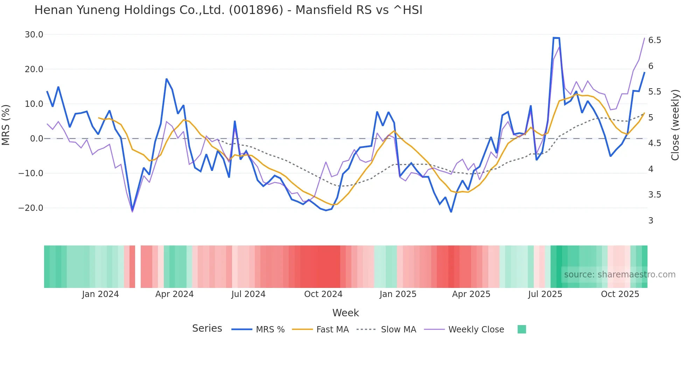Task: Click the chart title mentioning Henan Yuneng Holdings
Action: coord(228,10)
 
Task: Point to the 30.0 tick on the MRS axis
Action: coord(34,35)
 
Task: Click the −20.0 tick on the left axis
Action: coord(31,208)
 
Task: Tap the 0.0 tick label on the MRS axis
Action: coord(37,139)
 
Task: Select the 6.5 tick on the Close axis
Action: coord(654,40)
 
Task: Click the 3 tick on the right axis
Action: coord(651,221)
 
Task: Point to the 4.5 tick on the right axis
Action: coord(654,143)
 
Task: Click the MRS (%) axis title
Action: coord(6,125)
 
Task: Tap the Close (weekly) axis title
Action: coord(675,125)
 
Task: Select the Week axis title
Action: coord(345,313)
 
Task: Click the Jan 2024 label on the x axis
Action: coord(100,294)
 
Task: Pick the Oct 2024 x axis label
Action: coord(323,294)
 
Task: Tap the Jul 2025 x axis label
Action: coord(545,294)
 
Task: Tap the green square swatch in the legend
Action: coord(521,329)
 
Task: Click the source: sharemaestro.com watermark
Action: coord(619,275)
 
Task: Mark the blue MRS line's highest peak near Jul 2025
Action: coord(556,38)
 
